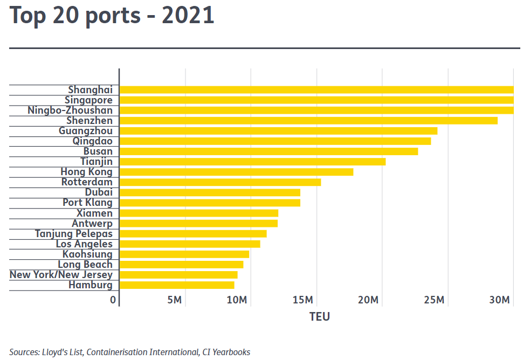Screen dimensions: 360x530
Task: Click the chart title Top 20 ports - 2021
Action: (x=112, y=16)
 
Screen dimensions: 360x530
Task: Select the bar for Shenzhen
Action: (x=308, y=121)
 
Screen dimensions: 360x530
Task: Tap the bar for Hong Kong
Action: (x=236, y=172)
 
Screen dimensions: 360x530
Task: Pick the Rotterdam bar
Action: (x=220, y=182)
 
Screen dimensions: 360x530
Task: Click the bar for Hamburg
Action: (x=177, y=285)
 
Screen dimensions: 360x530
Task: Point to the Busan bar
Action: (x=269, y=151)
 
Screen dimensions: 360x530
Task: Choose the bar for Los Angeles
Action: (x=190, y=244)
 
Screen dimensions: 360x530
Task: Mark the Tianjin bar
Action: (x=252, y=162)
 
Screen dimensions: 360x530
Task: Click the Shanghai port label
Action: (x=90, y=90)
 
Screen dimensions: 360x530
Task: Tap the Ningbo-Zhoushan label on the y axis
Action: (x=70, y=110)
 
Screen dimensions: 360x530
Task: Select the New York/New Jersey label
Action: (x=61, y=275)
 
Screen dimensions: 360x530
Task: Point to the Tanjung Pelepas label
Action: (x=74, y=233)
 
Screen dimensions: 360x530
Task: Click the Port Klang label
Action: (x=87, y=203)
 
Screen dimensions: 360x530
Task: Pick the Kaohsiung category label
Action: (x=87, y=254)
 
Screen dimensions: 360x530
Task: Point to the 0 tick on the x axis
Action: (x=113, y=300)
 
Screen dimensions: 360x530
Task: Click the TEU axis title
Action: (x=319, y=316)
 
